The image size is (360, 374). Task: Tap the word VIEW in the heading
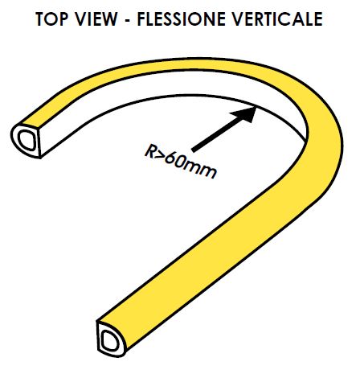96,19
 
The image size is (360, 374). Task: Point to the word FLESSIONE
181,19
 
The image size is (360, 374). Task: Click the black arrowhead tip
256,107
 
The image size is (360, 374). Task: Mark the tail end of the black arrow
193,150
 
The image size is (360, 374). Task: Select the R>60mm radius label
181,162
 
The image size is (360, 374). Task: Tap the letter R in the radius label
150,151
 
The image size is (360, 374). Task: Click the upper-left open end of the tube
26,140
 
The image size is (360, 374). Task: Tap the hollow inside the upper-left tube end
27,140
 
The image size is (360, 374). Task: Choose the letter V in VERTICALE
236,19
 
